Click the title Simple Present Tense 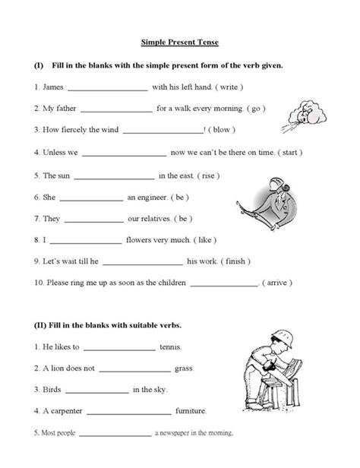[x=181, y=44]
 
